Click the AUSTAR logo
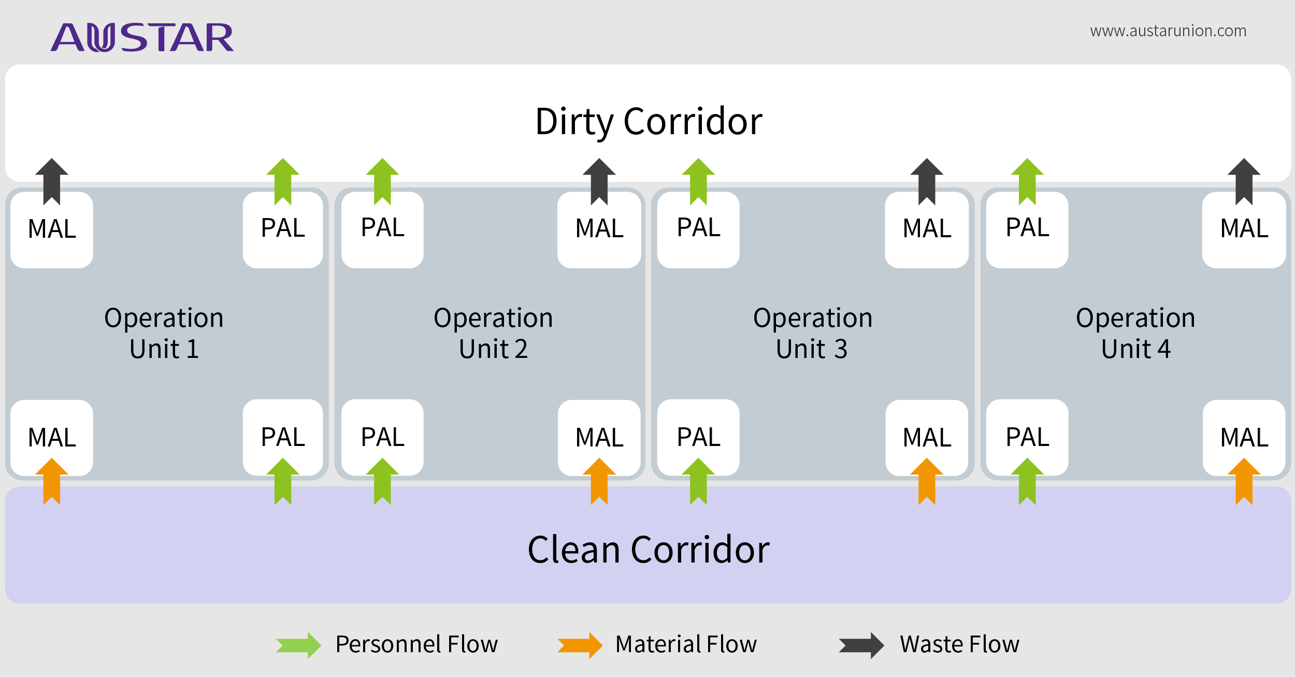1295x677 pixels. [142, 37]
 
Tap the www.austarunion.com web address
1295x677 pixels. [1168, 31]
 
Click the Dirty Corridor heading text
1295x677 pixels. [649, 122]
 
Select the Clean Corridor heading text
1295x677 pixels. [649, 550]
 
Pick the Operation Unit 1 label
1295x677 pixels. [164, 333]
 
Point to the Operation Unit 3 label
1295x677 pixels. [812, 333]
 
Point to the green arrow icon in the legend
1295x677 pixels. [299, 645]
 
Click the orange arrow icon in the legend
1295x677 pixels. [580, 645]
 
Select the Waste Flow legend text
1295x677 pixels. [959, 644]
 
